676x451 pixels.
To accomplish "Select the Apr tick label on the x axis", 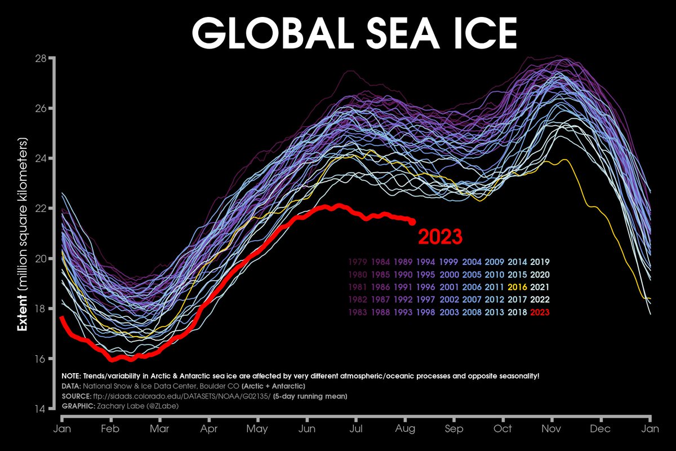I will (x=208, y=429).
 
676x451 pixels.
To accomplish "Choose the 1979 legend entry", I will (x=358, y=262).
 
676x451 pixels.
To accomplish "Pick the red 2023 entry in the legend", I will (x=540, y=312).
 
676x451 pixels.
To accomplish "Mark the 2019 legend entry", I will (x=540, y=262).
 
